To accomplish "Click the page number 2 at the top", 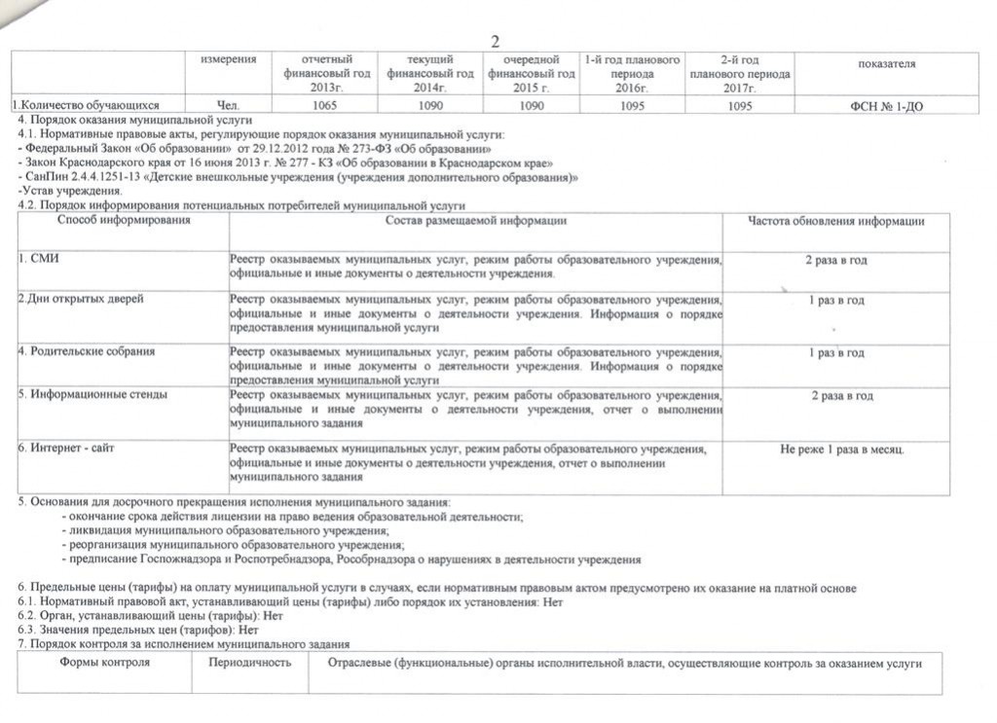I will pyautogui.click(x=495, y=41).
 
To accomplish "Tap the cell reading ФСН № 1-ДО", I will pyautogui.click(x=886, y=106).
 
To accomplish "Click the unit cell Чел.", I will pyautogui.click(x=228, y=106).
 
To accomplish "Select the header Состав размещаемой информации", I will pyautogui.click(x=475, y=222).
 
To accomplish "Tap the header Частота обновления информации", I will pyautogui.click(x=835, y=222).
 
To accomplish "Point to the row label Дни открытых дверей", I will pyautogui.click(x=82, y=300).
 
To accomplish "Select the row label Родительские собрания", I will pyautogui.click(x=87, y=351).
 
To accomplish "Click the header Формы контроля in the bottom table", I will pyautogui.click(x=104, y=663).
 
